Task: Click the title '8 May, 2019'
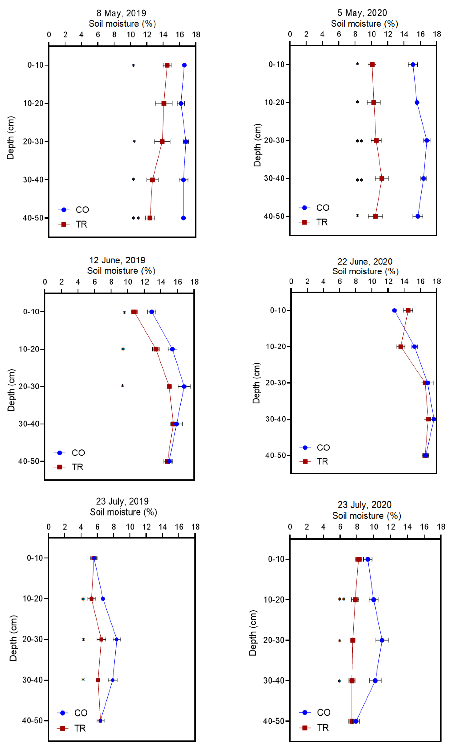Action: pos(121,13)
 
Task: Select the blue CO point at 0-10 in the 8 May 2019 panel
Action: pos(184,65)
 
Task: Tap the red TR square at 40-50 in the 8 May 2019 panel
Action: pos(150,218)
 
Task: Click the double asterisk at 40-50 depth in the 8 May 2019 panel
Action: pos(136,218)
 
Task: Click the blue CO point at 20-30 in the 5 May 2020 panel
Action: pos(427,140)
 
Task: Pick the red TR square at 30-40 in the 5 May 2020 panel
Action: pos(382,178)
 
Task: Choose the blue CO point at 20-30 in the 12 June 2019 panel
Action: pos(184,386)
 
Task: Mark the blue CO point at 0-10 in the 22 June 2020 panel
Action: pos(394,310)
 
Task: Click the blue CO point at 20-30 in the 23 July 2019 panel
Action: pos(117,639)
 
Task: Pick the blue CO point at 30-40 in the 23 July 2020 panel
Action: pos(375,681)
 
